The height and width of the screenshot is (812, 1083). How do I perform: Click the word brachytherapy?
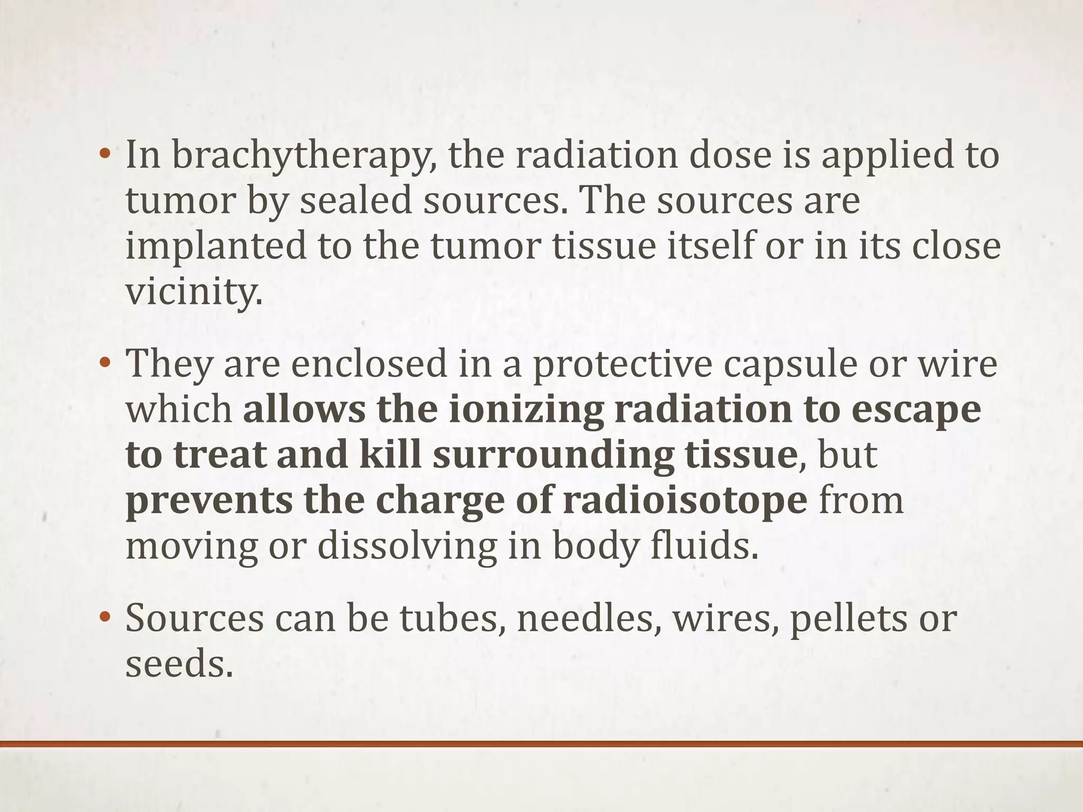304,156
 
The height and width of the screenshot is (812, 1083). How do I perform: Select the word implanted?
216,246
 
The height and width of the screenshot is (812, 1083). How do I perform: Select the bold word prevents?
209,501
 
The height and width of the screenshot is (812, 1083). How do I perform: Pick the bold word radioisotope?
685,501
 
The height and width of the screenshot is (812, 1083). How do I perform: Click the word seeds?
179,664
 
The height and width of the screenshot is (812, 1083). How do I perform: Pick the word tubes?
449,619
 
